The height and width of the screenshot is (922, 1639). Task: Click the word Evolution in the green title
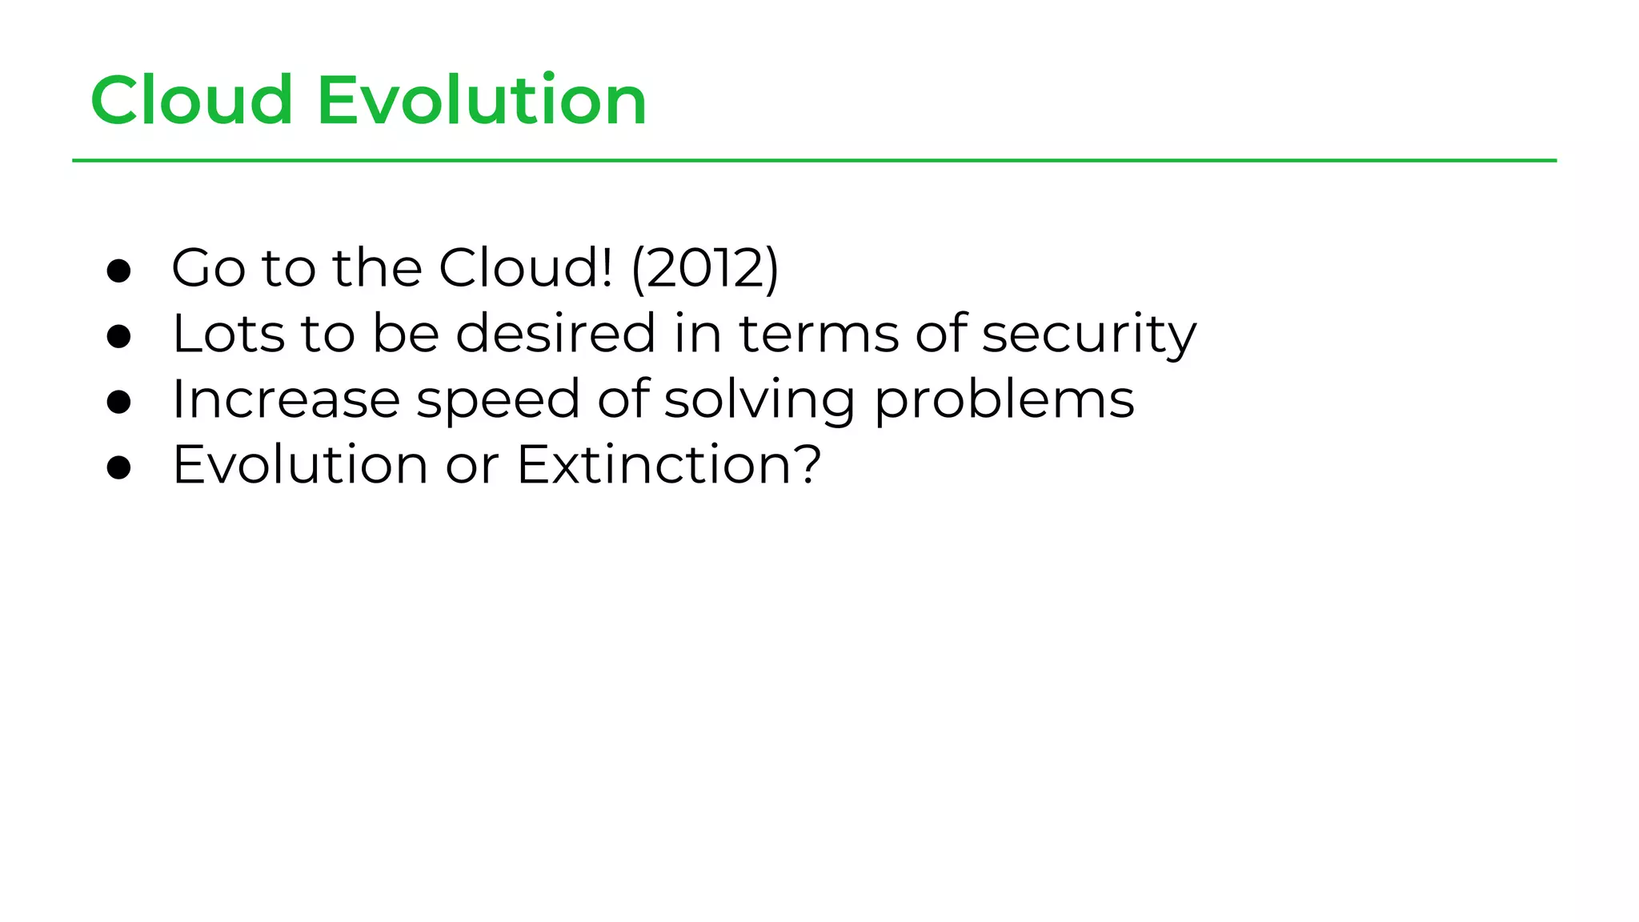[x=482, y=101]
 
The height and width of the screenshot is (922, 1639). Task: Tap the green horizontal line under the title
[x=814, y=161]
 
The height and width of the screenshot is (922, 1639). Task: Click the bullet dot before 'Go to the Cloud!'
[x=118, y=271]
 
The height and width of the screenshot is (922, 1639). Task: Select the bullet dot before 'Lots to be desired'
[x=118, y=336]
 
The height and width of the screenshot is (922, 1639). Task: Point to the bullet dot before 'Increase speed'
[x=118, y=402]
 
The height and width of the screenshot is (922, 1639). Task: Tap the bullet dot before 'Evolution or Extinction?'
[x=118, y=467]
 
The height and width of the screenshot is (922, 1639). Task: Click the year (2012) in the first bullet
[x=705, y=268]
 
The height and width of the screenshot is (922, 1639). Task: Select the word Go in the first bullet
[x=208, y=268]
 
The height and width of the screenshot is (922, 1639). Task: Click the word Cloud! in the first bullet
[x=526, y=268]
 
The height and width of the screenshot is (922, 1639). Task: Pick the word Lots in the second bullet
[x=228, y=334]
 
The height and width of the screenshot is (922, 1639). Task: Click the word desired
[x=555, y=334]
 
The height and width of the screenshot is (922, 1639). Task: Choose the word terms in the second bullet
[x=819, y=334]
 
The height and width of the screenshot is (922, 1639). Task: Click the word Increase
[x=286, y=399]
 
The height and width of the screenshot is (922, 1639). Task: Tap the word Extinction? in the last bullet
[x=669, y=465]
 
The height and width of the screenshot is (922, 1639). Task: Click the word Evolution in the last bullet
[x=300, y=465]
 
